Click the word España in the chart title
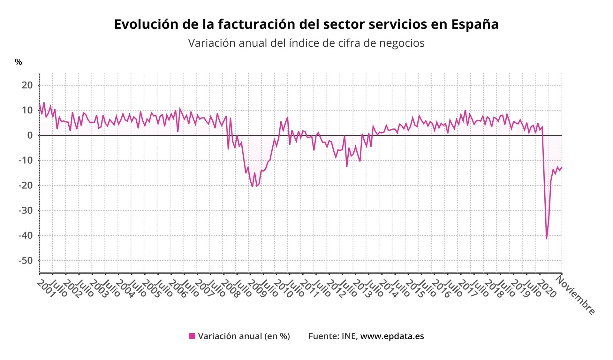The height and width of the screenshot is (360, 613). point(475,24)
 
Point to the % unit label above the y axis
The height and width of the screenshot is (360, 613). point(19,62)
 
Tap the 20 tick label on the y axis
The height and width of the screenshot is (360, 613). point(27,85)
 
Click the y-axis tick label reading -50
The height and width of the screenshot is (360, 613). point(26,260)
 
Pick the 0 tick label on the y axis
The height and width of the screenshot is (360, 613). point(30,135)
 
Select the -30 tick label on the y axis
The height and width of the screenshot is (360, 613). point(26,210)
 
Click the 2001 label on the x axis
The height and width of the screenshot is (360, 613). point(46,289)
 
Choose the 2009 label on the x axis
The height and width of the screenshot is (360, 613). point(257,289)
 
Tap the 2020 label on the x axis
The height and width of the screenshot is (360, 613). point(546,289)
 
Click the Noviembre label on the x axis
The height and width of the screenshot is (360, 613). point(575,295)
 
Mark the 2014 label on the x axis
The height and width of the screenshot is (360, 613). point(388,289)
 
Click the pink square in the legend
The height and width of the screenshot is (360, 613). point(192,336)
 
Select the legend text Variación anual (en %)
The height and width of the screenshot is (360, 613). point(244,336)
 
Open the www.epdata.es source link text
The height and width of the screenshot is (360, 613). point(392,336)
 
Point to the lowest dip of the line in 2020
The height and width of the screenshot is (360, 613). point(547,239)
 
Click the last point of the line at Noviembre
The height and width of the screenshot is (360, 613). point(562,167)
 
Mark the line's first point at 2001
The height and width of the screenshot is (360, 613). point(40,104)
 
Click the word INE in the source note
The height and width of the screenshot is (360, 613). point(349,336)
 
